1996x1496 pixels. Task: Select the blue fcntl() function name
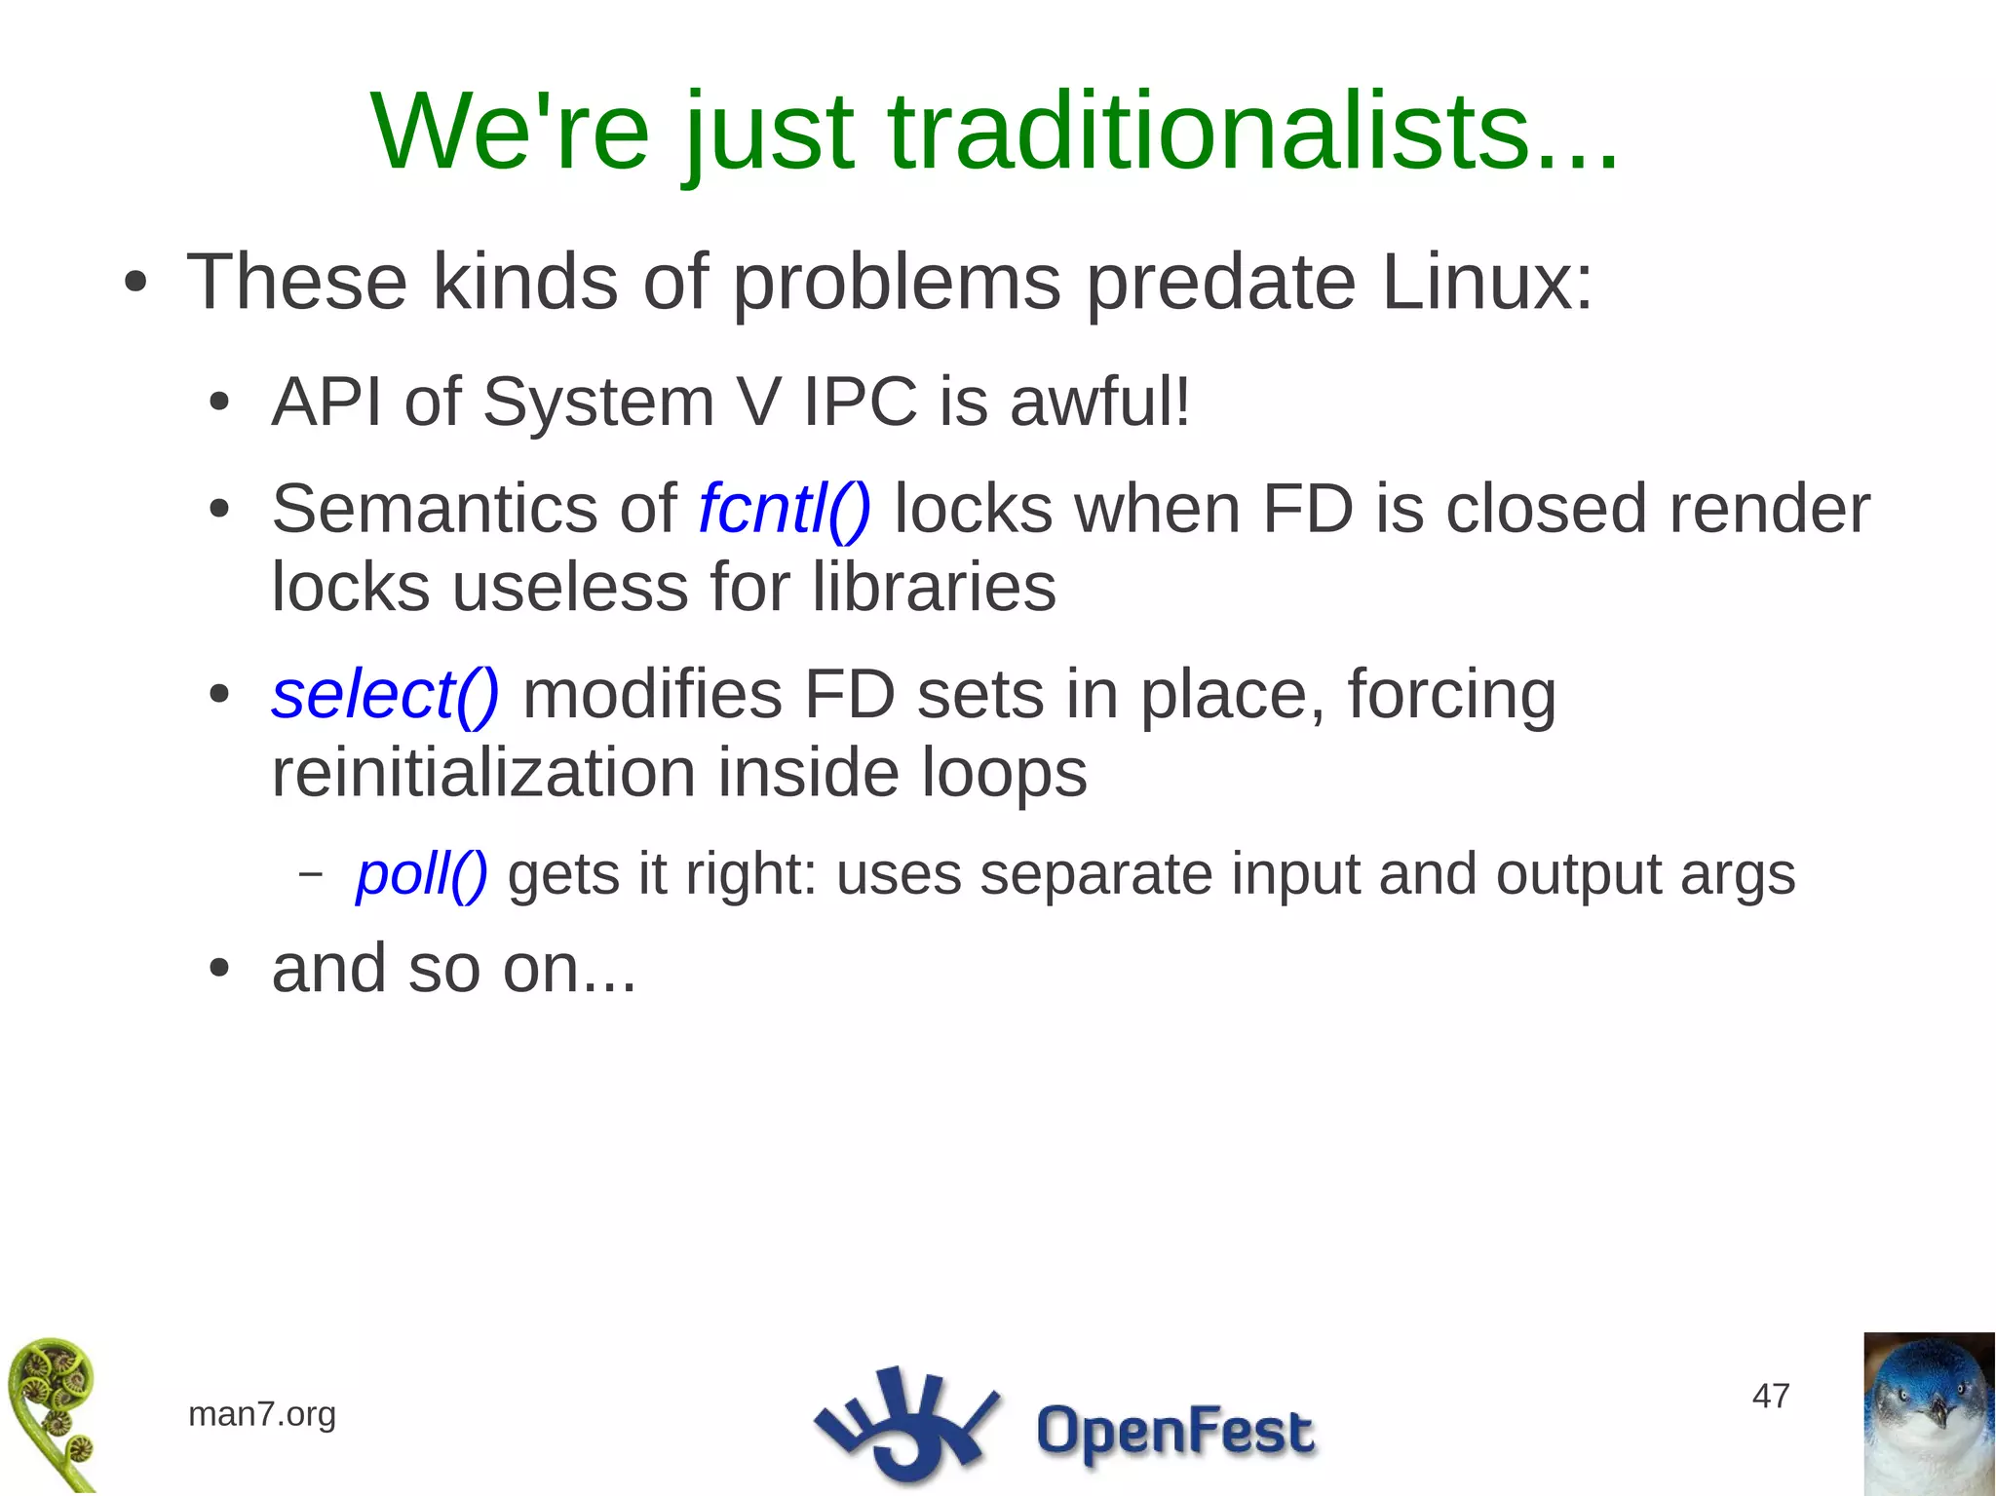click(x=785, y=509)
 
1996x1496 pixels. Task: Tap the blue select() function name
click(x=385, y=695)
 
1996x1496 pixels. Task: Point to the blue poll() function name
click(x=421, y=873)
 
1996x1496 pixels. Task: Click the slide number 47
click(x=1771, y=1396)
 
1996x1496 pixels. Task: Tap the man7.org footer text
click(x=262, y=1413)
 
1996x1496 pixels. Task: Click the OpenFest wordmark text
click(x=1174, y=1432)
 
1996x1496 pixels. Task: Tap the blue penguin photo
click(x=1928, y=1413)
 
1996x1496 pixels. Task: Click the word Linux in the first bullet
click(x=1486, y=283)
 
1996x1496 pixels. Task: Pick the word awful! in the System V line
click(x=1100, y=402)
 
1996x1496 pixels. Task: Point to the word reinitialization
click(x=482, y=773)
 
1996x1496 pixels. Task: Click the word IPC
click(x=860, y=402)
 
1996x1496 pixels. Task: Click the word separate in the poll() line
click(x=1095, y=874)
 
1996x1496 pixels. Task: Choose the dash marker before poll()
click(x=310, y=873)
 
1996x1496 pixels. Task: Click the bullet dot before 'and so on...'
click(x=219, y=969)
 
